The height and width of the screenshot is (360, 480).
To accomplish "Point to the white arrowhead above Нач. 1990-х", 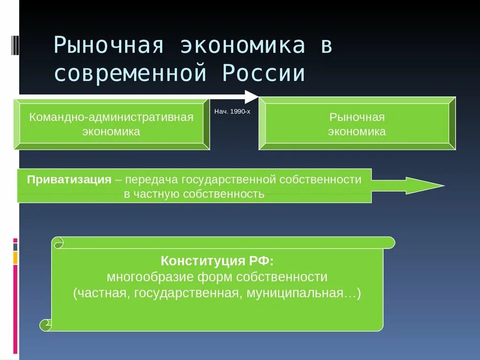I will point(251,97).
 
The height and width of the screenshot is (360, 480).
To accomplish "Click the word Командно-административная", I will point(111,117).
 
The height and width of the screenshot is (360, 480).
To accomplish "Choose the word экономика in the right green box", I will point(357,132).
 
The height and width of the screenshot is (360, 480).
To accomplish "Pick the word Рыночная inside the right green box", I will point(357,117).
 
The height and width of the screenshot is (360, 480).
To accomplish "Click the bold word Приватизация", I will point(69,180).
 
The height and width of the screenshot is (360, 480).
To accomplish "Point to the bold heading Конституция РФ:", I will point(217,261).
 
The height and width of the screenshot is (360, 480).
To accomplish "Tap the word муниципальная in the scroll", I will point(305,293).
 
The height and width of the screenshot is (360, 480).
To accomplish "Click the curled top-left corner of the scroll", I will point(58,243).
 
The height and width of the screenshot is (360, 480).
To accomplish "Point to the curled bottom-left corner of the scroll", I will point(46,325).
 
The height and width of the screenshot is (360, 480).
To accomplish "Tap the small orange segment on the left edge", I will point(15,258).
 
